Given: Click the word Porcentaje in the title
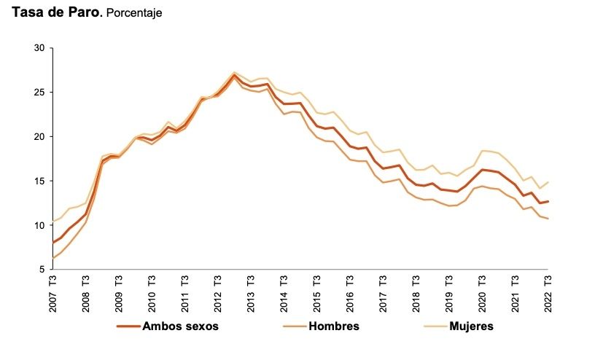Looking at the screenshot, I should (x=134, y=13).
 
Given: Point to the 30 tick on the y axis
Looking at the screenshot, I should (x=39, y=48).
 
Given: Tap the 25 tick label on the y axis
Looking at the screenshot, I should (x=39, y=93).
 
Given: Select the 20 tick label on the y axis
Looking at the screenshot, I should (x=39, y=136).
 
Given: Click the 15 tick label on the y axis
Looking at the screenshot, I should (x=39, y=181).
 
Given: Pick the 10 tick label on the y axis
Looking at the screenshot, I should (x=39, y=225).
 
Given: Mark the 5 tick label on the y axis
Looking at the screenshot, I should (x=42, y=270).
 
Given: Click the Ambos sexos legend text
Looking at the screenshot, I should (x=180, y=326).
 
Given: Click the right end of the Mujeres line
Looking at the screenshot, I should (x=548, y=182).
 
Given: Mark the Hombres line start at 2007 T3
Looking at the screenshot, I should (x=53, y=258).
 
